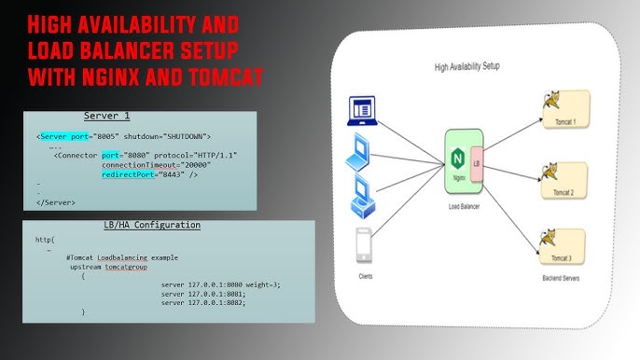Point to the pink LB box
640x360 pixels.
[477, 164]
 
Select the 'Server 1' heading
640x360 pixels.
[106, 116]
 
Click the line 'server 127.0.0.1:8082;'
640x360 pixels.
[202, 302]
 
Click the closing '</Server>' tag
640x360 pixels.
[55, 201]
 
